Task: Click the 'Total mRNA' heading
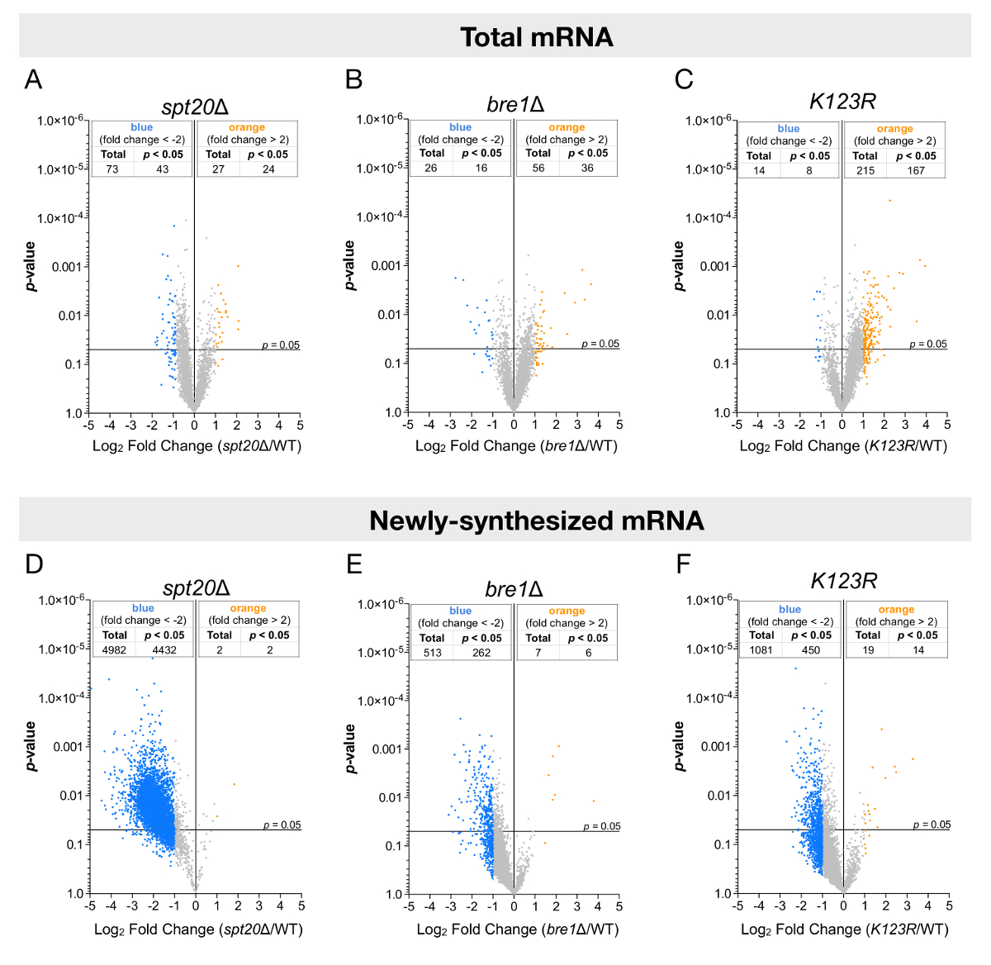pos(536,37)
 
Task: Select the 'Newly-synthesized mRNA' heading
pos(536,521)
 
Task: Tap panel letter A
pos(33,79)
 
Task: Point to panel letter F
pos(683,564)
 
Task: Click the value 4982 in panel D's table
pos(114,650)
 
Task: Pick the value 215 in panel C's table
pos(865,170)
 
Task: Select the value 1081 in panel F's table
pos(761,650)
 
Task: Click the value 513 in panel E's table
pos(432,653)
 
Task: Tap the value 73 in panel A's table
pos(112,169)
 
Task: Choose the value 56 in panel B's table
pos(538,168)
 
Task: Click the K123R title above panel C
pos(842,102)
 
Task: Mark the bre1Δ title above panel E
pos(514,589)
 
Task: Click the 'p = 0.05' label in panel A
pos(281,345)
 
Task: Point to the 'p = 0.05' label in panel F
pos(932,825)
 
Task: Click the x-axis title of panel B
pos(516,446)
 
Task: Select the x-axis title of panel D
pos(198,929)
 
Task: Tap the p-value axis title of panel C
pos(679,266)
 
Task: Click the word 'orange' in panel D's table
pos(248,608)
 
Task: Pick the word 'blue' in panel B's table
pos(461,127)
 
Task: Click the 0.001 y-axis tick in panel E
pos(386,749)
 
